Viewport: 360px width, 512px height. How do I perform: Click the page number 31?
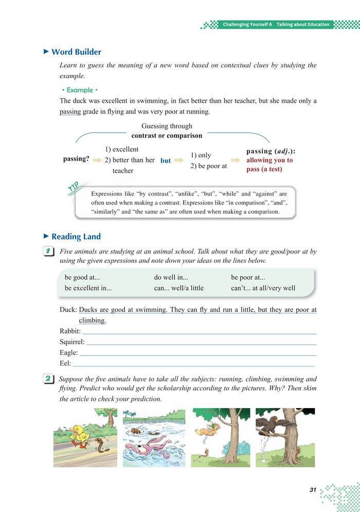(312, 490)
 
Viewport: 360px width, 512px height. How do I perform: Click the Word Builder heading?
(76, 52)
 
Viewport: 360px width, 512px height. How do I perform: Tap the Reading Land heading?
(76, 236)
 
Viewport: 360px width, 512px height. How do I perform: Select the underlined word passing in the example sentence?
(70, 112)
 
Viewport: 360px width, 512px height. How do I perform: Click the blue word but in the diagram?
(166, 160)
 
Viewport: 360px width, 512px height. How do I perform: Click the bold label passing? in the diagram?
(76, 159)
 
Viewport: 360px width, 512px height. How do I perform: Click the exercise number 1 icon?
(49, 252)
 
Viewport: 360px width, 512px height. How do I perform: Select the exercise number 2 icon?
(49, 379)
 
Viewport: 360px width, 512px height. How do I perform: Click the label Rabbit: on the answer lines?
(69, 332)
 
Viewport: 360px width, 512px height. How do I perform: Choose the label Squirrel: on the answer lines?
(72, 342)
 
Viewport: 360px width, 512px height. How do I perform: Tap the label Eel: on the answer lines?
(66, 363)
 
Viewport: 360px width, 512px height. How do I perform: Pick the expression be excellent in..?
(88, 288)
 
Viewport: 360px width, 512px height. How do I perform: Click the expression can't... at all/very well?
(263, 288)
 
